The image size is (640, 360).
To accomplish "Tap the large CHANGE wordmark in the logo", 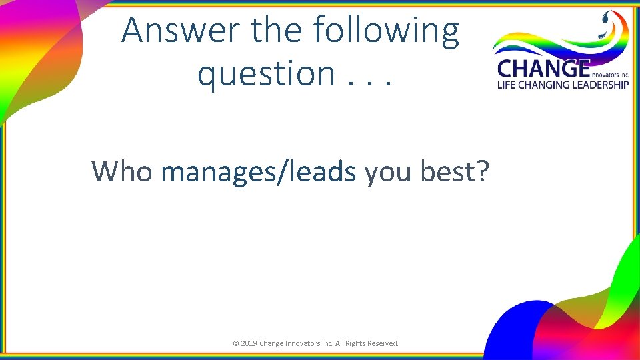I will [x=543, y=69].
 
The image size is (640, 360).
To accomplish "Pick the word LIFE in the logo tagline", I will [x=507, y=85].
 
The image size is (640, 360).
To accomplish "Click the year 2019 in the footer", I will [x=249, y=343].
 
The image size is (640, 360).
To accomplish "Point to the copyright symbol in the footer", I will [x=235, y=343].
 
